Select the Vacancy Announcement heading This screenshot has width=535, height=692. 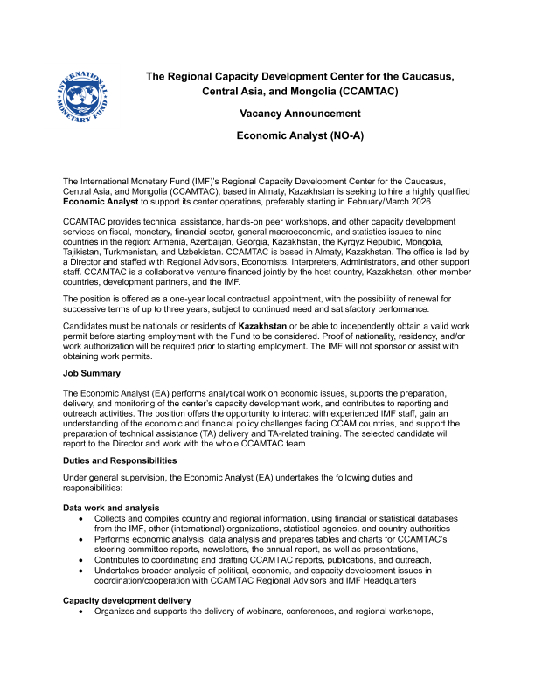pyautogui.click(x=300, y=114)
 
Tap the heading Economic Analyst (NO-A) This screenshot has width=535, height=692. pyautogui.click(x=300, y=136)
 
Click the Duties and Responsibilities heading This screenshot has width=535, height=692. pyautogui.click(x=120, y=460)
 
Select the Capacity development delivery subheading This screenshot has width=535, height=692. pyautogui.click(x=127, y=600)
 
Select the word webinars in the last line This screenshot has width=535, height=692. pyautogui.click(x=269, y=612)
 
